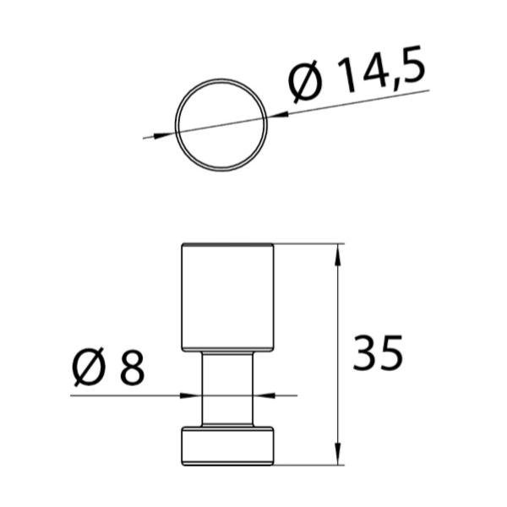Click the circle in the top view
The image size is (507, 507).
222,125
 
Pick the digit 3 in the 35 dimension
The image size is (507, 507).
367,354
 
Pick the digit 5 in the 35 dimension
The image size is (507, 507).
390,354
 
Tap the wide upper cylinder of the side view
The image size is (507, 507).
227,296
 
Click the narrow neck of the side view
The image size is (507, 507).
227,389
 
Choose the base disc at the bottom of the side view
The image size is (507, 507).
227,445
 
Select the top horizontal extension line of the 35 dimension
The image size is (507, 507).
308,244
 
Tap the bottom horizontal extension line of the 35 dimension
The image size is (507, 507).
308,464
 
